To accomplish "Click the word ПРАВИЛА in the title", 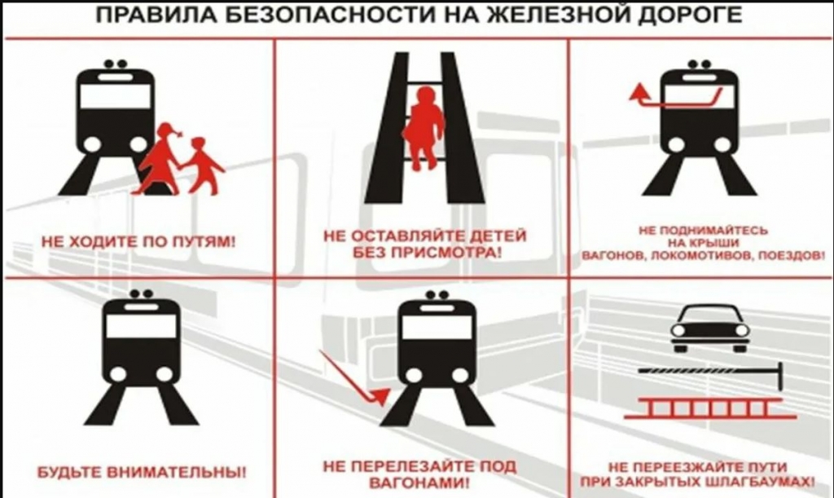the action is point(156,15).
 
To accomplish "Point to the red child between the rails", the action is point(424,128).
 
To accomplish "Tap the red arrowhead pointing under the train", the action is point(381,396).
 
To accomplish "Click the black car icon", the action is point(710,328).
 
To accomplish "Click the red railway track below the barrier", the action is point(709,408).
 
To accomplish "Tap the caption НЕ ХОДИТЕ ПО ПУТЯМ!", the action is point(138,242).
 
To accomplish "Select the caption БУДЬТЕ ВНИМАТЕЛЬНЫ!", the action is point(142,472).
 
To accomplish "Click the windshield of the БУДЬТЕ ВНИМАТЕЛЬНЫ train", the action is point(141,326).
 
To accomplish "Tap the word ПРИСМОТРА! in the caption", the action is point(446,252).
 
